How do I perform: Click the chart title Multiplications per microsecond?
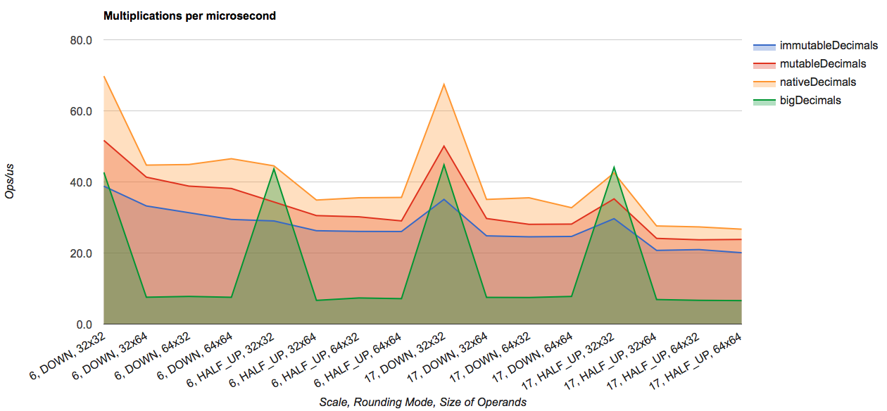[x=189, y=15]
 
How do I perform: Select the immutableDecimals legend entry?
[x=828, y=46]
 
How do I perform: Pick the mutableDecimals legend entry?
[x=823, y=64]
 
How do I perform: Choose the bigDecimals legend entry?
[x=810, y=101]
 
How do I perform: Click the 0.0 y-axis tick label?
[x=84, y=324]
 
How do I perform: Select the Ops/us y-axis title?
[x=10, y=182]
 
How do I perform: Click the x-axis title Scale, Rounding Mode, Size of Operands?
[x=422, y=402]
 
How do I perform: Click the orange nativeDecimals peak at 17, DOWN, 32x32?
[x=444, y=84]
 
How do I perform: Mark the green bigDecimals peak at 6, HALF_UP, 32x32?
[x=273, y=169]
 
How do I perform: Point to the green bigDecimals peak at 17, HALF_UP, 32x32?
[x=614, y=167]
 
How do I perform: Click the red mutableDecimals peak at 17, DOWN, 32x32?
[x=444, y=146]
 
